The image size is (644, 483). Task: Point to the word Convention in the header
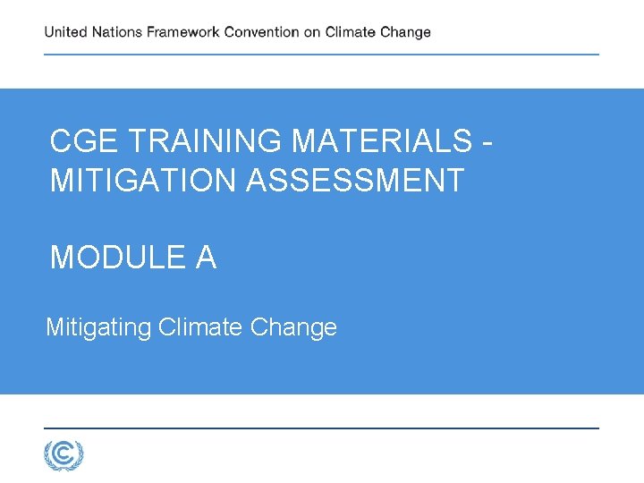point(261,32)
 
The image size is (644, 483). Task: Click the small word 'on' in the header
point(312,32)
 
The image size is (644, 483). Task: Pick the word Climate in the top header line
point(351,32)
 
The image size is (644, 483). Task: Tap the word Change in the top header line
point(405,32)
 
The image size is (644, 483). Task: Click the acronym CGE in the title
point(86,141)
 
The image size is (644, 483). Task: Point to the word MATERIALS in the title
point(382,141)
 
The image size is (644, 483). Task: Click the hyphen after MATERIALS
point(487,141)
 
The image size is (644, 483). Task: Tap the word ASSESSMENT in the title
point(355,181)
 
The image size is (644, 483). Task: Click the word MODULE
point(117,258)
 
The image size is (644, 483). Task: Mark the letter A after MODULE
point(206,258)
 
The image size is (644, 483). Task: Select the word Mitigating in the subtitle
point(98,327)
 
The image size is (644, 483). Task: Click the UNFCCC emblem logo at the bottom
point(64,455)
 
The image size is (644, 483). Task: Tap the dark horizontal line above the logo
point(322,428)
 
